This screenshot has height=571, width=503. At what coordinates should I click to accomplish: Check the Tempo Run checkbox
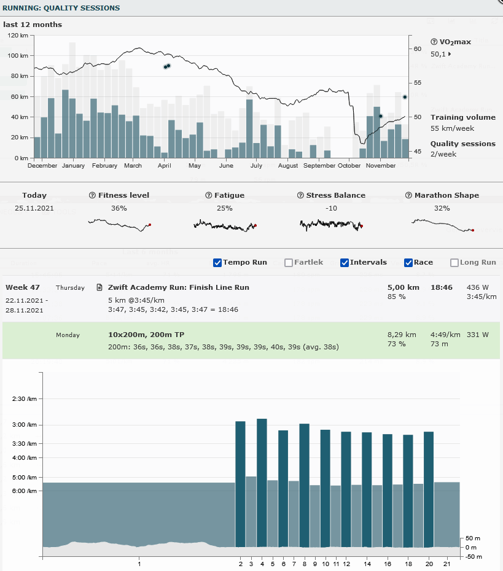coord(217,263)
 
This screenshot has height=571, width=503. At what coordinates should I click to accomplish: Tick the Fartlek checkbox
coord(289,263)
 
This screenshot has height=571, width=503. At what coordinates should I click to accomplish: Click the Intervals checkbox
coord(345,263)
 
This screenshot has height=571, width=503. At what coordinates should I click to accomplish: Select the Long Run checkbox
coord(454,263)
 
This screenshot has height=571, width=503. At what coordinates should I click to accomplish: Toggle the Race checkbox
coord(408,263)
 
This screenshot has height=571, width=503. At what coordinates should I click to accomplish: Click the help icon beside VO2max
coord(434,42)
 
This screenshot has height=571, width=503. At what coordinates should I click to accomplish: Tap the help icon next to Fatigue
coord(209,195)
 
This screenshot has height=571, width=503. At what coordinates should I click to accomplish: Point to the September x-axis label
coord(319,166)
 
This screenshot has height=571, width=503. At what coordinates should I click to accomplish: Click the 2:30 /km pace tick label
coord(25,399)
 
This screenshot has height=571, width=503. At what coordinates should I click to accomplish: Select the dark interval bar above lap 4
coord(262,482)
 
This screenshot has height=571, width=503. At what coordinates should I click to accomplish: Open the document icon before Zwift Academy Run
coord(99,287)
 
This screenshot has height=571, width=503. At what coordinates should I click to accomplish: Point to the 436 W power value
coord(478,287)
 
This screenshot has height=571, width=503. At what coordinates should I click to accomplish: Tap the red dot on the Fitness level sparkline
coord(150,225)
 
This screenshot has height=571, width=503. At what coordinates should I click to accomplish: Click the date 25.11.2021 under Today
coord(34,208)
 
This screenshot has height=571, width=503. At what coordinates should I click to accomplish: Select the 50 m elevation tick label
coord(473,538)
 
